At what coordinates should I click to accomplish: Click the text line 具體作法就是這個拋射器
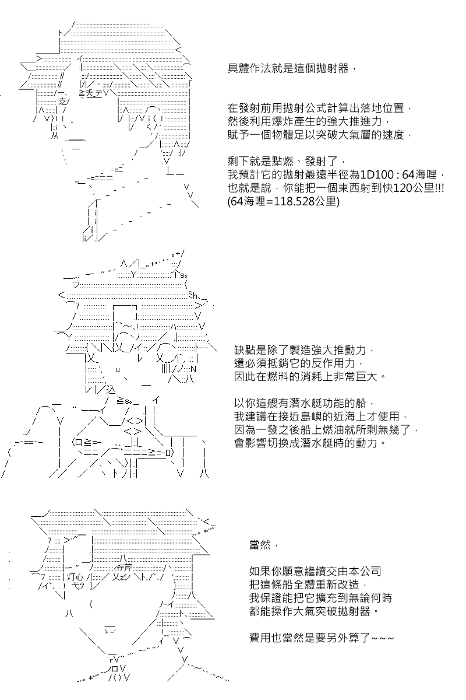click(x=289, y=68)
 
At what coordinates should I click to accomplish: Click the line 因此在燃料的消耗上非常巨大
click(x=309, y=377)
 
